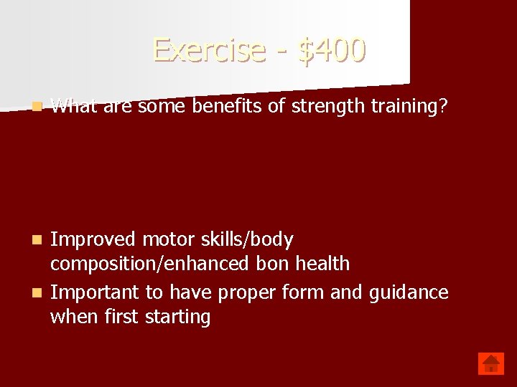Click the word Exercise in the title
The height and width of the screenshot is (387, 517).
point(209,50)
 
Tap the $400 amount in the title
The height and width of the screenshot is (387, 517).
point(331,50)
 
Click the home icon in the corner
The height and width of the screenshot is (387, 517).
point(491,363)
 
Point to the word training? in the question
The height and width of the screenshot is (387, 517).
point(408,107)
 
